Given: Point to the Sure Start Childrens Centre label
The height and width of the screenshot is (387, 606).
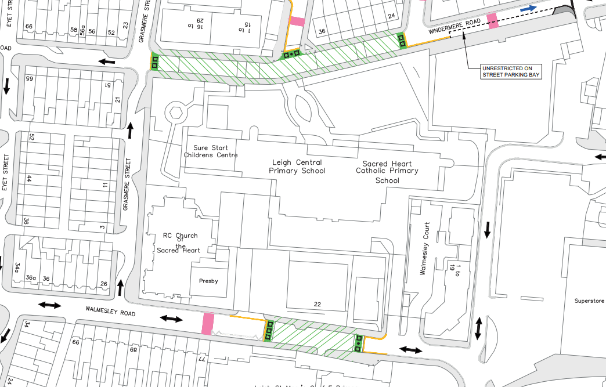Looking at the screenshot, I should (211, 151).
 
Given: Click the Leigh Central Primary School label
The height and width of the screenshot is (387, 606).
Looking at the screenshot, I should (297, 167).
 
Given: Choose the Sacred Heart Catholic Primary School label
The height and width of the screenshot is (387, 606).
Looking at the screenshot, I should (387, 172).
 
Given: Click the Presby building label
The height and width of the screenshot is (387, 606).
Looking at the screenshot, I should (208, 281).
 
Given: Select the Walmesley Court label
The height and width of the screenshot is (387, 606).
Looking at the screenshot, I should (427, 248).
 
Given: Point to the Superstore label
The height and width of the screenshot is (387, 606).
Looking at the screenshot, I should (589, 301).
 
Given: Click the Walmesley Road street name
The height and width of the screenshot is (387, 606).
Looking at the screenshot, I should (110, 313).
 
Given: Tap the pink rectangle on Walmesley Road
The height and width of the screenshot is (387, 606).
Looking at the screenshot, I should (207, 323).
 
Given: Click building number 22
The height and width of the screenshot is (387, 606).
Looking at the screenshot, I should (317, 304).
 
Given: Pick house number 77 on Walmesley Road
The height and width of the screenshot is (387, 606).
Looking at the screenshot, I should (203, 360).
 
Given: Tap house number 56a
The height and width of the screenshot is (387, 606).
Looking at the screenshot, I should (83, 31).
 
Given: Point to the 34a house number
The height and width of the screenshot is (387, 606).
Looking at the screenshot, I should (17, 267).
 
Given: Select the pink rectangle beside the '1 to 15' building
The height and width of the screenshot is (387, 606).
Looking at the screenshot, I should (297, 22).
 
